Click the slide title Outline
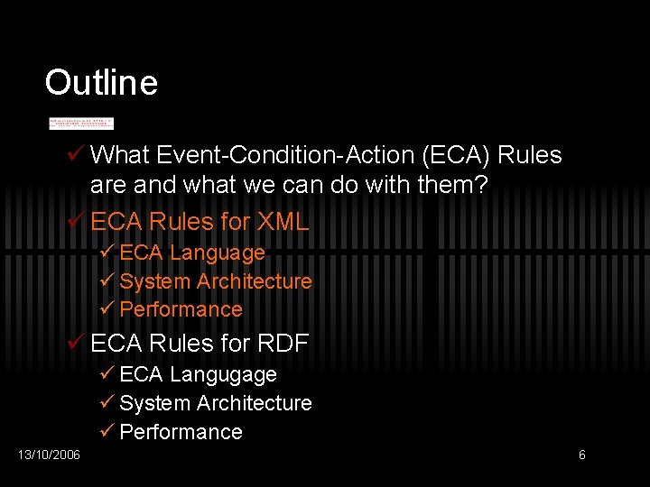click(101, 83)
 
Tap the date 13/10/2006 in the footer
click(49, 455)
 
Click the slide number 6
click(581, 455)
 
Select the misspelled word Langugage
click(223, 374)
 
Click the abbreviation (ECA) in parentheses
click(456, 155)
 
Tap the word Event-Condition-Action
click(285, 155)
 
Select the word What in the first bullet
click(120, 155)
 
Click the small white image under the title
click(81, 123)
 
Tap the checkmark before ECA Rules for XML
click(77, 222)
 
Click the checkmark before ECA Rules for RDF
click(77, 344)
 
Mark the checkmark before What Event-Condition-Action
click(77, 155)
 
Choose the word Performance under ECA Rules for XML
click(181, 309)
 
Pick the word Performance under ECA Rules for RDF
click(181, 432)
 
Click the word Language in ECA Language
click(217, 253)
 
